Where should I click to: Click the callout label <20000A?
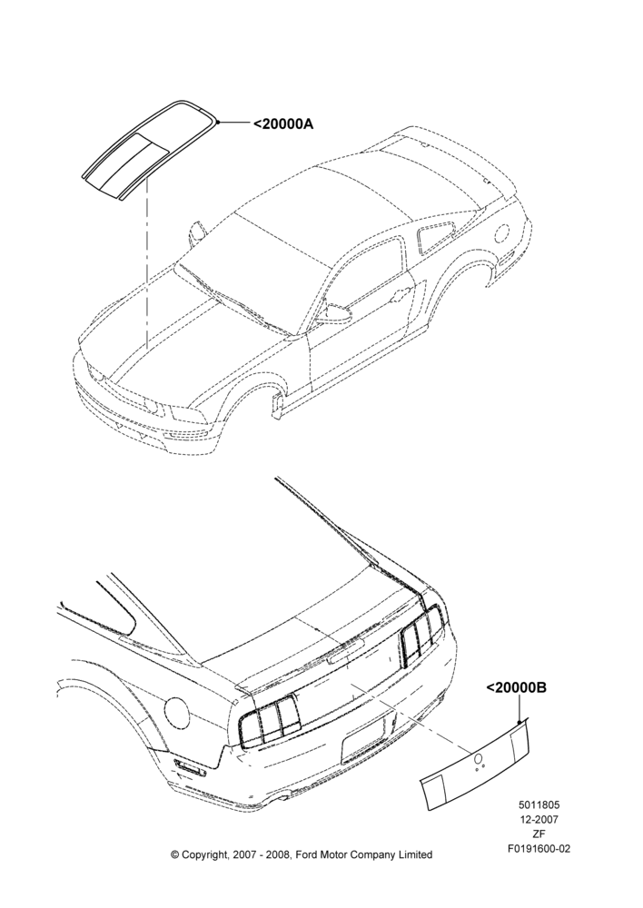[283, 123]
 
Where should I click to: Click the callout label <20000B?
[516, 687]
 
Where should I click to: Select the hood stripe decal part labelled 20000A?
[150, 150]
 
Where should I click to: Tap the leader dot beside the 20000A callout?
[217, 123]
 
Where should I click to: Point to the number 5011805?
[539, 804]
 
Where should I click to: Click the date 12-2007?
[539, 819]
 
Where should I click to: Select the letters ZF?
[539, 834]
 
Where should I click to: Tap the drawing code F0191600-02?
[539, 848]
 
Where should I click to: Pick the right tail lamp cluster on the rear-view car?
[421, 636]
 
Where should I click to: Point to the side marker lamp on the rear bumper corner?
[190, 767]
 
